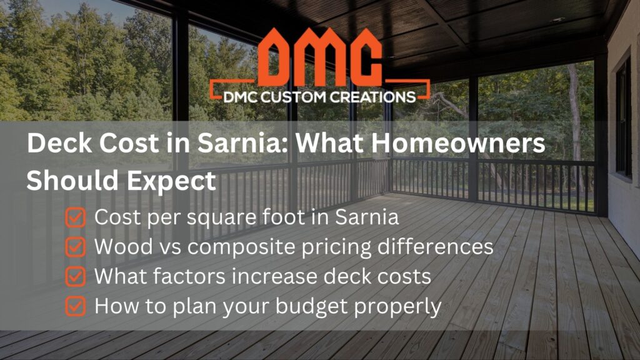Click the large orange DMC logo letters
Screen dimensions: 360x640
[x=319, y=59]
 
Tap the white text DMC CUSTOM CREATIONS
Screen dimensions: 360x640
[x=320, y=96]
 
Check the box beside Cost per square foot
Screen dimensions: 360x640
[x=75, y=217]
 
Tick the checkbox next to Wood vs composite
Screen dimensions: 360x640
[x=75, y=247]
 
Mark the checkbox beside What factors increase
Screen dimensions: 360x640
[x=75, y=276]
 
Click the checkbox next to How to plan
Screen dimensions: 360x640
[x=75, y=306]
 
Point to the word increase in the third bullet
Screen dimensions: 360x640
[x=284, y=276]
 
